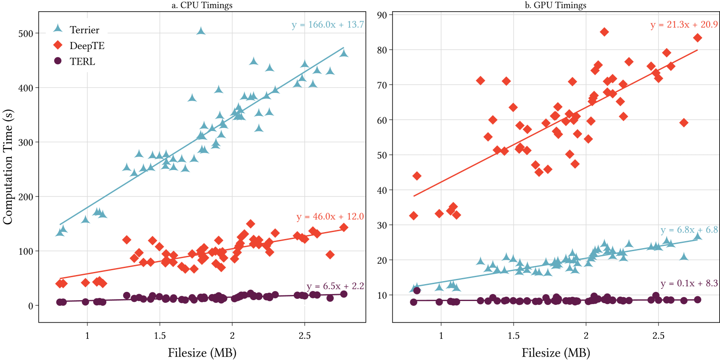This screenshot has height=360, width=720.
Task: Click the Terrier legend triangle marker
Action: (x=58, y=29)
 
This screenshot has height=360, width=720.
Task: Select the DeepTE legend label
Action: (x=87, y=46)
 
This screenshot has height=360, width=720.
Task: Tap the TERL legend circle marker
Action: (x=58, y=61)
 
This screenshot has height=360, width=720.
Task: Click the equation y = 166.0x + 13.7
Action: (x=327, y=25)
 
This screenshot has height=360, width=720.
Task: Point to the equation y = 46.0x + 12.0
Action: (x=330, y=216)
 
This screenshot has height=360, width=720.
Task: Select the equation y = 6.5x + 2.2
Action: (x=335, y=286)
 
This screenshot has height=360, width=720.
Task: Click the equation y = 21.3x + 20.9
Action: (x=684, y=25)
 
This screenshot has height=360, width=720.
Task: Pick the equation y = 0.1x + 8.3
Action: (x=689, y=283)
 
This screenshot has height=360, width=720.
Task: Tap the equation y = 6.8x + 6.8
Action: (x=689, y=230)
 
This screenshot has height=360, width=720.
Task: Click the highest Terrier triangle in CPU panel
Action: (x=201, y=31)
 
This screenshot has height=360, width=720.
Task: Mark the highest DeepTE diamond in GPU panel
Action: (x=604, y=32)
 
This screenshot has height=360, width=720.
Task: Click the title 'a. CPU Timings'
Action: (x=202, y=5)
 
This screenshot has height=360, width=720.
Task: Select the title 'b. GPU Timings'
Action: (x=555, y=5)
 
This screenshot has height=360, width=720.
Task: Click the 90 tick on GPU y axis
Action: (x=381, y=15)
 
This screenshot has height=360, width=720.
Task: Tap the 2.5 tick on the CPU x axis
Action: (x=304, y=335)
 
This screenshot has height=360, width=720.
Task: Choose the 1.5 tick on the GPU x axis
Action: (x=513, y=335)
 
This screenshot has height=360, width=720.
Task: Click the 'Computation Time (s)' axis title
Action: (x=8, y=167)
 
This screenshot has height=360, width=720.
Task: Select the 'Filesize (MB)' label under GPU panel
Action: (x=555, y=353)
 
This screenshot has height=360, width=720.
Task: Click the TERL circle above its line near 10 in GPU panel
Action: (x=417, y=291)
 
